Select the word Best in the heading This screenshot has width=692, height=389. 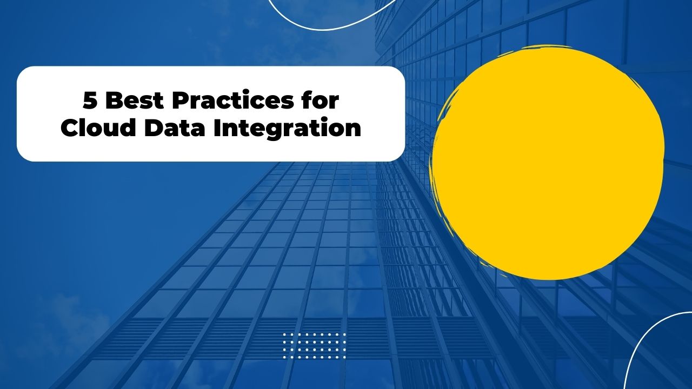130,100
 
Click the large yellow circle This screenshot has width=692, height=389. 547,162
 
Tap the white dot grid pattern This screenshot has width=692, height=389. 314,346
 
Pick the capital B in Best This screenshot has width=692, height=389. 112,100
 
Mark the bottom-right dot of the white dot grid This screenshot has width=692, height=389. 344,357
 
